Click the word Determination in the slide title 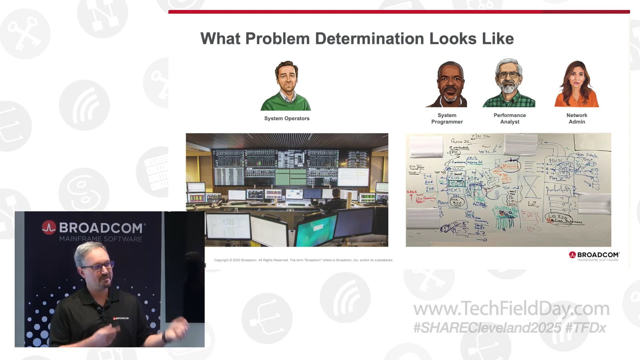(369, 39)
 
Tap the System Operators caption (287, 118)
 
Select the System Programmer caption (447, 118)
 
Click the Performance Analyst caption (510, 118)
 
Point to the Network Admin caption (577, 118)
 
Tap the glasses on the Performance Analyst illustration (508, 75)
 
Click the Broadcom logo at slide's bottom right (594, 256)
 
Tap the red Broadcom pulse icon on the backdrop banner (49, 228)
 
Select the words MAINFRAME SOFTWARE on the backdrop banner (101, 239)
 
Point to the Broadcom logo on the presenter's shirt (121, 318)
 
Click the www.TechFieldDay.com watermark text (511, 309)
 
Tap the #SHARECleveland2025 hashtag (487, 328)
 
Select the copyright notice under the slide (303, 260)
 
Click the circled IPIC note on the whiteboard (455, 152)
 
